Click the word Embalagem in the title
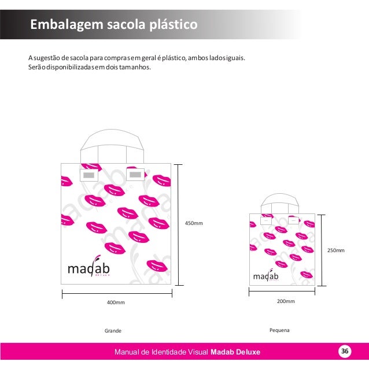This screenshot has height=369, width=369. coord(58,25)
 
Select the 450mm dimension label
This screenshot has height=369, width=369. coord(194,223)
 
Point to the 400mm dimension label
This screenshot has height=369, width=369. coord(116,302)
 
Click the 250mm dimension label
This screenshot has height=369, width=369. coord(335,250)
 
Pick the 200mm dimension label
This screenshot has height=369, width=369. coord(286,301)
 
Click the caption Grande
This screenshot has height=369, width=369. coord(113,331)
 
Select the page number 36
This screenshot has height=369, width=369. coord(345,352)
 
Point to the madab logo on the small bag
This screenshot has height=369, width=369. coord(265,276)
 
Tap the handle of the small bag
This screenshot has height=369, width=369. coord(279,199)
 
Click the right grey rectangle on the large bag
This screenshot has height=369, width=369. coord(136,174)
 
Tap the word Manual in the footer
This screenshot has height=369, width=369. coord(128,352)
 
